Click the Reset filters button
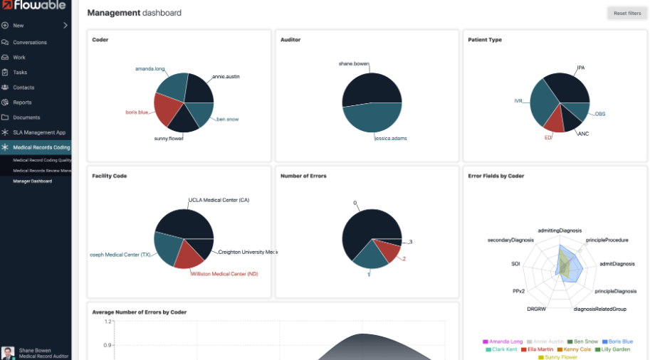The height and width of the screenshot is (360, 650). [x=627, y=13]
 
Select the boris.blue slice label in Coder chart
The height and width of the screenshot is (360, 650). [x=137, y=112]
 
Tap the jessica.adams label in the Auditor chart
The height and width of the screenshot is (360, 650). [x=391, y=138]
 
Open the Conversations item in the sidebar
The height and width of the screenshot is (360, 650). [x=29, y=43]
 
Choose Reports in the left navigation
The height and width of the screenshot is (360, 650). [x=22, y=102]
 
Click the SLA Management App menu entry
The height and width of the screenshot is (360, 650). [x=40, y=132]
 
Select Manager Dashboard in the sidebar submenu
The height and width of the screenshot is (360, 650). [x=31, y=181]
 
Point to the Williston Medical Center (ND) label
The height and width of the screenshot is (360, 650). [x=224, y=274]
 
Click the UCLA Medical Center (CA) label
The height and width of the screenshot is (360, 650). [x=219, y=200]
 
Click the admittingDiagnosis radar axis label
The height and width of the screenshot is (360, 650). [x=560, y=231]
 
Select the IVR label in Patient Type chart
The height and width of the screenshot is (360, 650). [x=518, y=101]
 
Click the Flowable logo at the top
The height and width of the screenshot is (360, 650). [x=34, y=6]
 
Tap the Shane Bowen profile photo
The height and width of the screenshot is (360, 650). [x=8, y=352]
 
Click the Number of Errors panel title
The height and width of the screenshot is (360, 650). [x=303, y=176]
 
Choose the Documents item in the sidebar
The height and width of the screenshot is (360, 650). [x=26, y=117]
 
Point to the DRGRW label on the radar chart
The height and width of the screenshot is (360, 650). [x=537, y=309]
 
